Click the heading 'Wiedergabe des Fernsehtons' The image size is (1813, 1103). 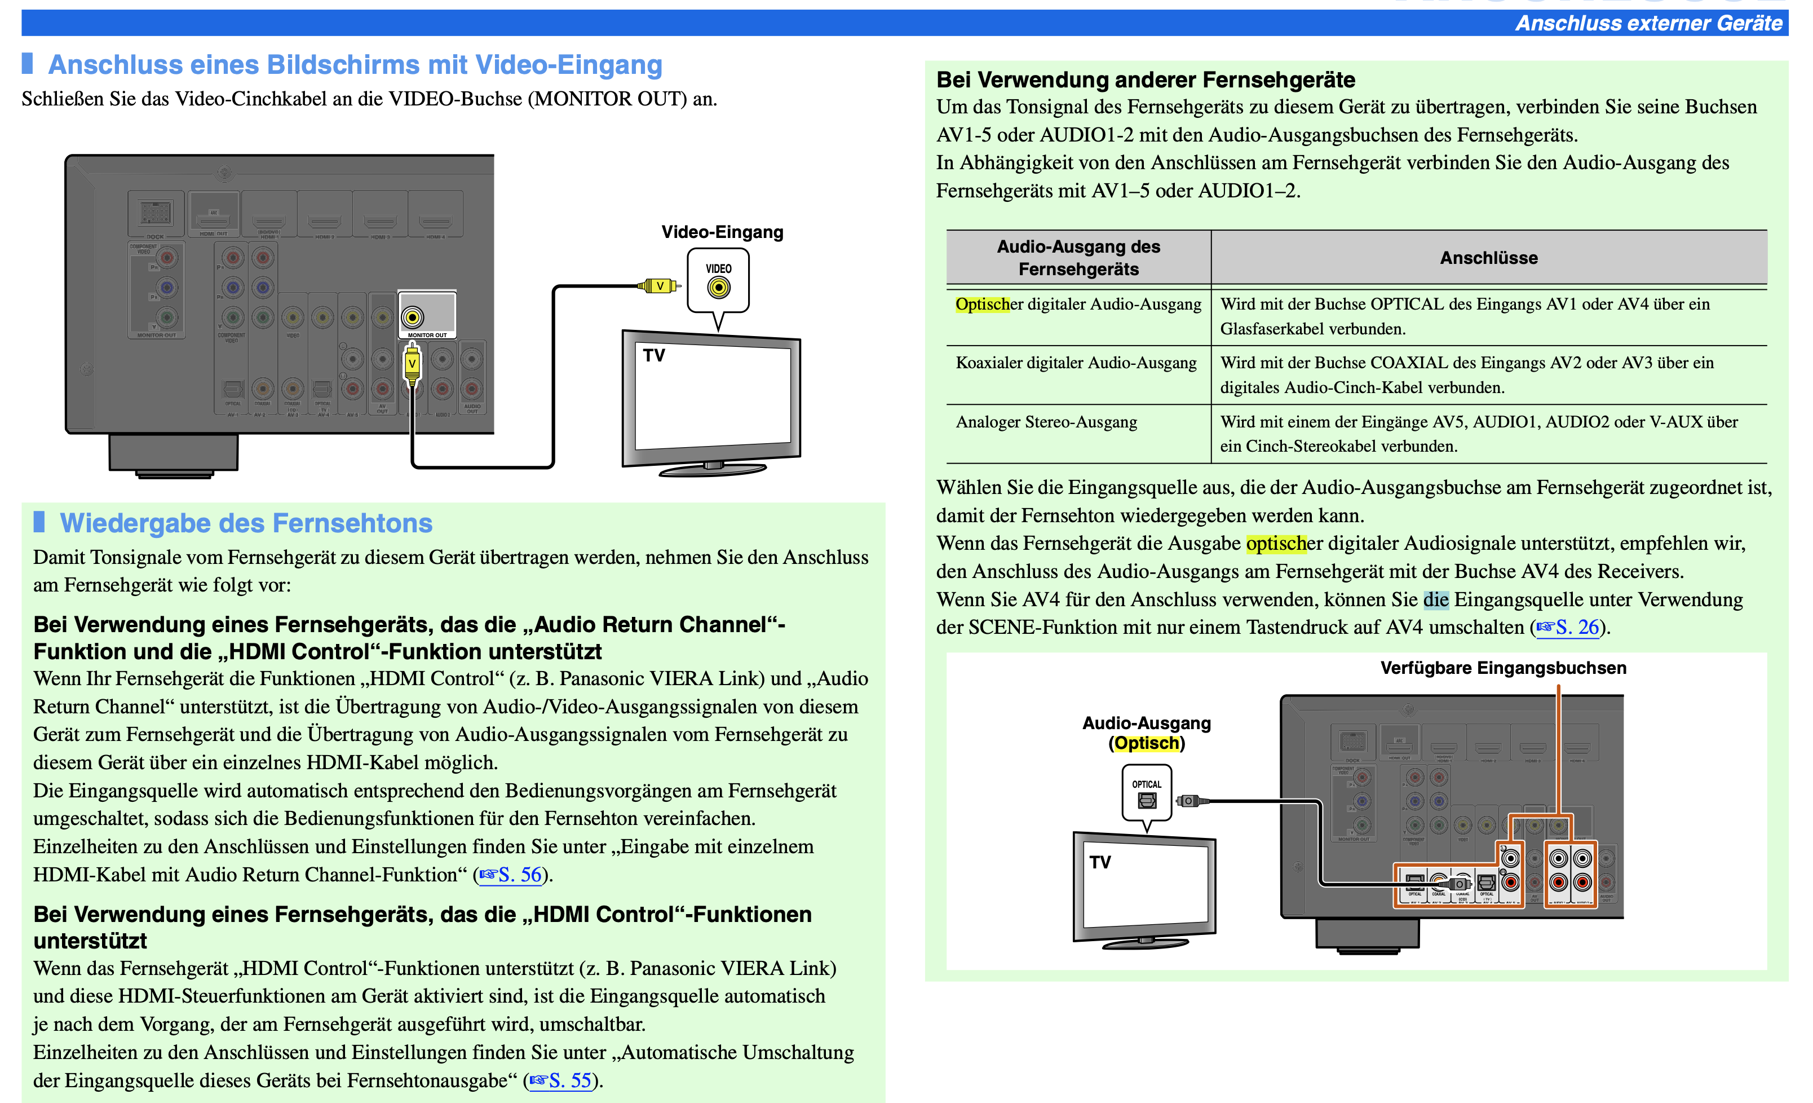pos(246,523)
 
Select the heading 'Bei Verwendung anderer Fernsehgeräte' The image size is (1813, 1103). pos(1145,80)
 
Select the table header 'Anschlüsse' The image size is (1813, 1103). pos(1488,258)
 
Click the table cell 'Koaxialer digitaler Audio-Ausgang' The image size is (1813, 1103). pos(1076,363)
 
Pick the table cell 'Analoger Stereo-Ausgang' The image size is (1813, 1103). pos(1046,422)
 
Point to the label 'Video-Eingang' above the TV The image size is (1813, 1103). pos(722,232)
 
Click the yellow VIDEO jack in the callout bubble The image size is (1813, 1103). pos(718,288)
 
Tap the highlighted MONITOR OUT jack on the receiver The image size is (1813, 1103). pos(413,317)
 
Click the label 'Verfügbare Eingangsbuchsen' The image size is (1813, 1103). pos(1502,668)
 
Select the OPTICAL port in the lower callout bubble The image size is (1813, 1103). pos(1146,800)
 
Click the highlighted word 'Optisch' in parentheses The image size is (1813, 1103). pos(1146,743)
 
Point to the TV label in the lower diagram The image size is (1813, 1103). pos(1100,862)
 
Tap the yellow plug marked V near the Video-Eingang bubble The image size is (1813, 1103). pos(659,285)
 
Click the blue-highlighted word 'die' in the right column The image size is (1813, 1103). pos(1435,599)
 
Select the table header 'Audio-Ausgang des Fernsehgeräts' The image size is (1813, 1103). pos(1078,258)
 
